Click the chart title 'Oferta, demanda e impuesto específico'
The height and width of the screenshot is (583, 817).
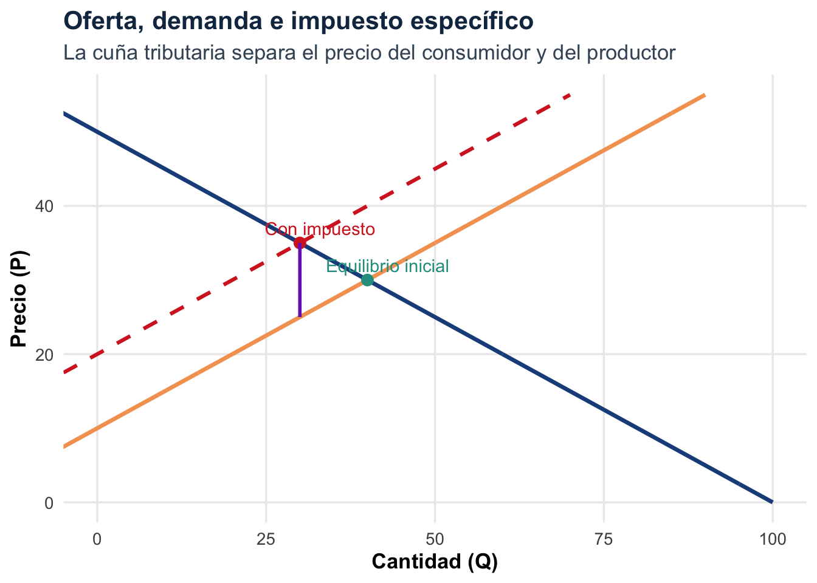pyautogui.click(x=298, y=21)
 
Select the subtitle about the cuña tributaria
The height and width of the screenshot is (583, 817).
pyautogui.click(x=369, y=53)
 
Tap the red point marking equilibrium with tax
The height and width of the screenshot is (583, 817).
pyautogui.click(x=300, y=243)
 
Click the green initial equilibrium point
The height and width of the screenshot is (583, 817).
pyautogui.click(x=367, y=280)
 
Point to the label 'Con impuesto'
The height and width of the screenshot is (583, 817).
pyautogui.click(x=320, y=230)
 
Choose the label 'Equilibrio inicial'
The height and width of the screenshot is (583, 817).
pyautogui.click(x=387, y=266)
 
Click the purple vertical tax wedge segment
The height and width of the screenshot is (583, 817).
pyautogui.click(x=300, y=285)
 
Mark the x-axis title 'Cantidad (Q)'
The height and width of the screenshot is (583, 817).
pyautogui.click(x=435, y=562)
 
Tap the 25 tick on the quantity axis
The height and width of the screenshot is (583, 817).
pyautogui.click(x=266, y=539)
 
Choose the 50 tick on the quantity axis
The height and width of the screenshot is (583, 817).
pyautogui.click(x=435, y=539)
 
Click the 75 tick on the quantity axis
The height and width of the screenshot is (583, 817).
pyautogui.click(x=604, y=539)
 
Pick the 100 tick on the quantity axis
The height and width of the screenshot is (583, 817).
pyautogui.click(x=772, y=539)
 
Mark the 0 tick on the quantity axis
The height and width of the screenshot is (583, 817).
pyautogui.click(x=97, y=539)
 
